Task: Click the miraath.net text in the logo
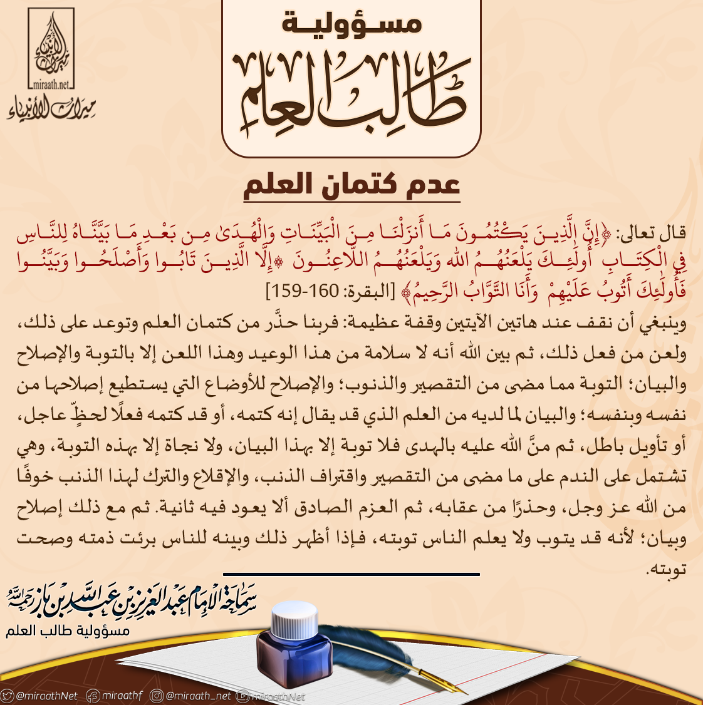tap(51, 83)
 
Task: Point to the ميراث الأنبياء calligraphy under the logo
tap(51, 108)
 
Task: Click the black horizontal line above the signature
tap(351, 574)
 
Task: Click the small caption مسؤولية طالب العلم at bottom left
tap(68, 630)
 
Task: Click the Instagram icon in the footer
tap(157, 696)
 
